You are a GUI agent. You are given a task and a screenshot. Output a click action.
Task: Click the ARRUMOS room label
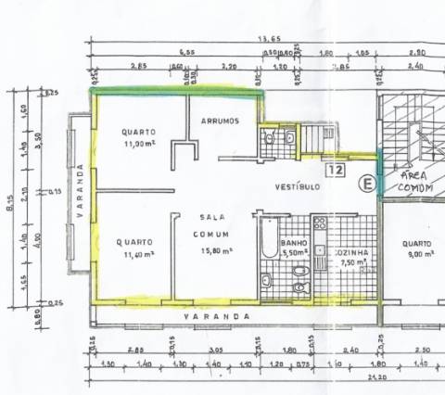coord(220,121)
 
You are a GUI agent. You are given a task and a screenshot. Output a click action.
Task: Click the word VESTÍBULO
coord(298,186)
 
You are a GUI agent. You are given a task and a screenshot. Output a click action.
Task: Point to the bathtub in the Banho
coord(268,239)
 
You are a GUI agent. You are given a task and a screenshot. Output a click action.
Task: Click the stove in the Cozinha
coord(320,225)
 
